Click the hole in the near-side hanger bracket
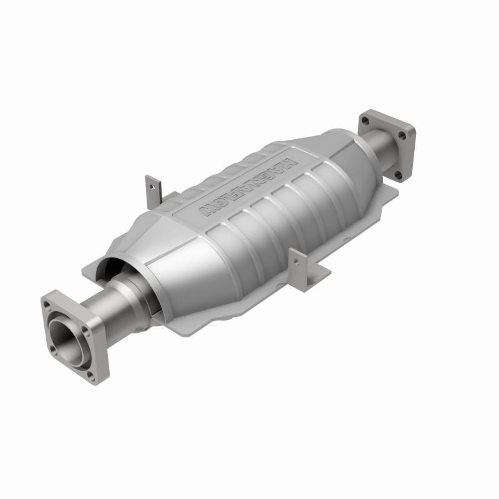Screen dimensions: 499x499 click(298, 261)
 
